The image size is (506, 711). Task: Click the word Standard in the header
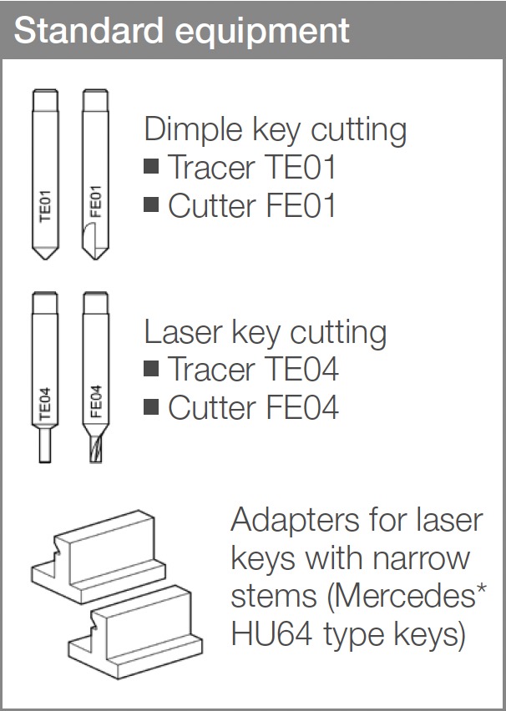tap(89, 30)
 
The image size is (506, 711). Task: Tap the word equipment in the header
tap(262, 33)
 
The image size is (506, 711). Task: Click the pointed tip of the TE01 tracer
tap(45, 259)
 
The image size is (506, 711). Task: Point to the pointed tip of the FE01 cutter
tap(95, 259)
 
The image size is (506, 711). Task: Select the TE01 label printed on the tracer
tap(45, 205)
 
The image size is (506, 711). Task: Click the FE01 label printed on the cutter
tap(96, 202)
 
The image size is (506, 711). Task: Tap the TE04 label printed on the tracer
tap(45, 404)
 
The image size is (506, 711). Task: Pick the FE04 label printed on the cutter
tap(96, 401)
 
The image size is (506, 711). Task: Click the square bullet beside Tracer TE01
tap(151, 166)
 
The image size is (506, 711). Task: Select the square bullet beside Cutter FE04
tap(151, 406)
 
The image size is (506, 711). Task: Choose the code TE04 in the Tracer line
tap(301, 369)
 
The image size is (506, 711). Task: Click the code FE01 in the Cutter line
tap(301, 205)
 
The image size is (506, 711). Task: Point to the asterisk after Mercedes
tap(481, 588)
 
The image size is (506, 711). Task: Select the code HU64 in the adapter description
tap(272, 633)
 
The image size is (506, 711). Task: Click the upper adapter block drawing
tap(99, 557)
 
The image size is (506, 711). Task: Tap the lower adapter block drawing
tap(136, 632)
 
